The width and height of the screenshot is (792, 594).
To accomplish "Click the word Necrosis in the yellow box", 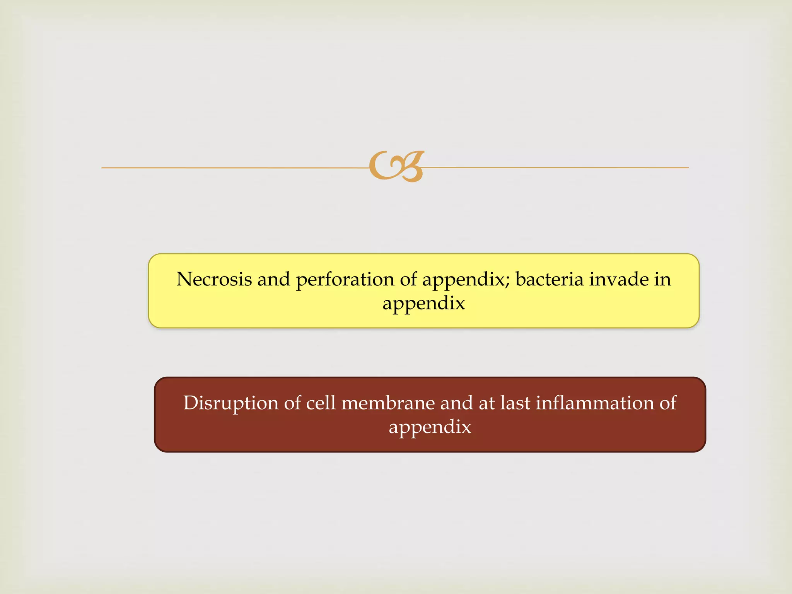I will click(x=214, y=279).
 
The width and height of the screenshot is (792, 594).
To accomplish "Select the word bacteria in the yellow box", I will click(x=549, y=279).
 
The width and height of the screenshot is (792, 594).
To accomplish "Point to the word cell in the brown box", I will click(x=321, y=403).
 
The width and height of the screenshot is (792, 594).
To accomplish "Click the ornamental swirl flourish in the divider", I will click(x=396, y=166).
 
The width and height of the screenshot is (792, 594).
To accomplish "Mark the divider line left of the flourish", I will click(x=232, y=167).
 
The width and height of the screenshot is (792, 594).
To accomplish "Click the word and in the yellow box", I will click(x=273, y=279).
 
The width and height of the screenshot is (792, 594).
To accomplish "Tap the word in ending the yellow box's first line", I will click(x=662, y=279).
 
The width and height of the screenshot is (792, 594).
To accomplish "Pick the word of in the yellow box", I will click(x=408, y=279).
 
